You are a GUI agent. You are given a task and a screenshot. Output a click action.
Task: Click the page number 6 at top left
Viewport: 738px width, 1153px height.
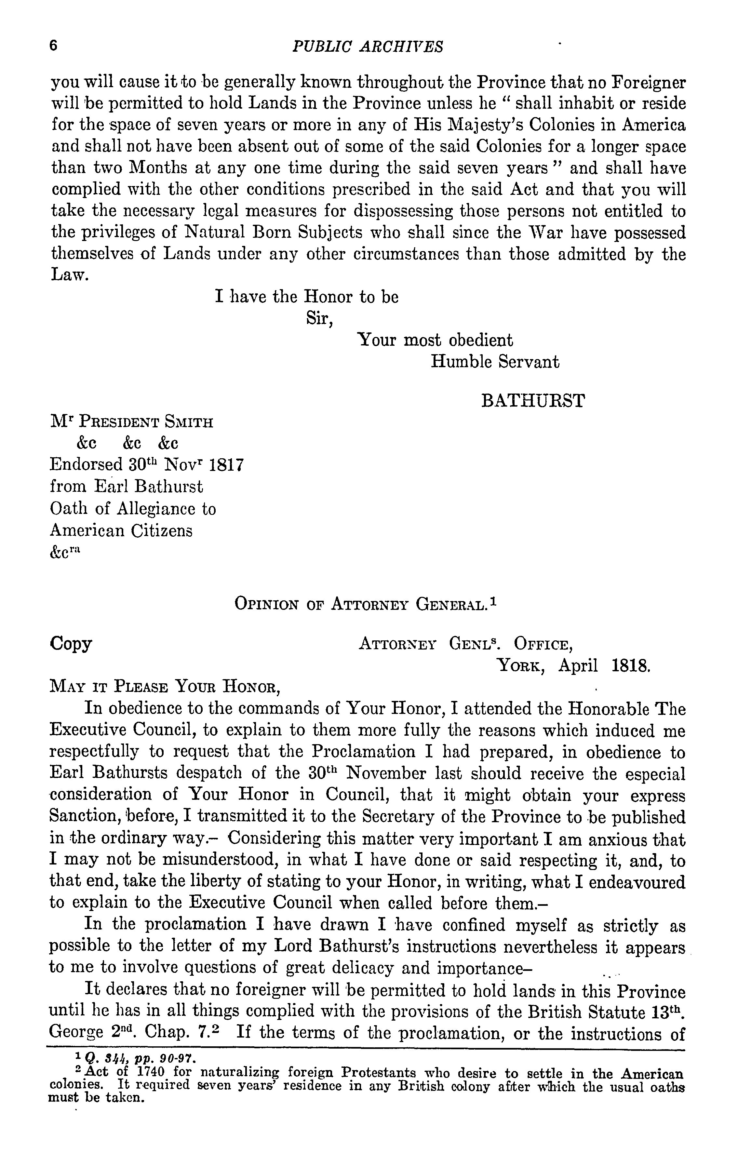point(53,46)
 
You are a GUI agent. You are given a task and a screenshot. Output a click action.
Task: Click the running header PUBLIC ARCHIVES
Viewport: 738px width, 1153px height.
point(368,47)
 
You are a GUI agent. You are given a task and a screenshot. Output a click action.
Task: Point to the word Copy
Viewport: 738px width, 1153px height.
point(71,644)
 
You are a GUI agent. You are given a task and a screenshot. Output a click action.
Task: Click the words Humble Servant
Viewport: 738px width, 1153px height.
point(495,361)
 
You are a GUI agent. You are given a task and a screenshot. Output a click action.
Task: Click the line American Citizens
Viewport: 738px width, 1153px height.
point(121,530)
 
